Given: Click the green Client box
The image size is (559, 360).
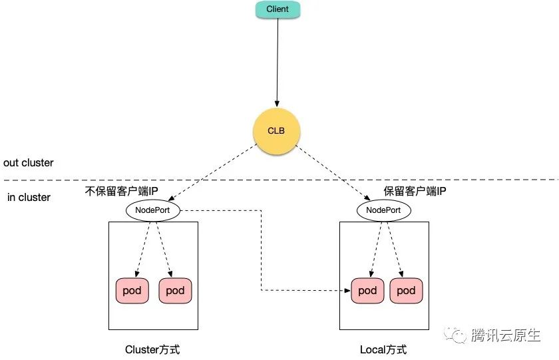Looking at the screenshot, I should pos(278,9).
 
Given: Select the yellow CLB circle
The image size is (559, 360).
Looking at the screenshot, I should pos(276,131).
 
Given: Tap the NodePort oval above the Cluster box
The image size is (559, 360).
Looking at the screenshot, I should pos(152,210).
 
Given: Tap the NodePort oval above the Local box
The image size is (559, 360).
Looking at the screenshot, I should pos(384,210).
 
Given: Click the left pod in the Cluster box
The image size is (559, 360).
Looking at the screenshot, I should pos(133,291).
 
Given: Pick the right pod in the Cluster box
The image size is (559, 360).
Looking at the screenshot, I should pos(175,291).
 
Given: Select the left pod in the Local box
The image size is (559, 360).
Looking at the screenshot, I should pos(367,291).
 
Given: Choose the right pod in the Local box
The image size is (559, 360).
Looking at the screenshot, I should pos(406,291).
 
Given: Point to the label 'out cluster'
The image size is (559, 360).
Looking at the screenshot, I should pos(29,163).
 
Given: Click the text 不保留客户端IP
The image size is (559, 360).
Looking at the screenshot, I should pos(122,192).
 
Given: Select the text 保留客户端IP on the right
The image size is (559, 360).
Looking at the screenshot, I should pos(415,192).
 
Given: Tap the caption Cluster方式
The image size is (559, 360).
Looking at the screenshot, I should pos(152,349).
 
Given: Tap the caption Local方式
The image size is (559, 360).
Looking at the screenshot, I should pos(383,349).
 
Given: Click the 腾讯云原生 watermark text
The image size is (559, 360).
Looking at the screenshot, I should pos(505,335).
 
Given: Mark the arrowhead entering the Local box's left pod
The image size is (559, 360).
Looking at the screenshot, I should pos(347,291).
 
